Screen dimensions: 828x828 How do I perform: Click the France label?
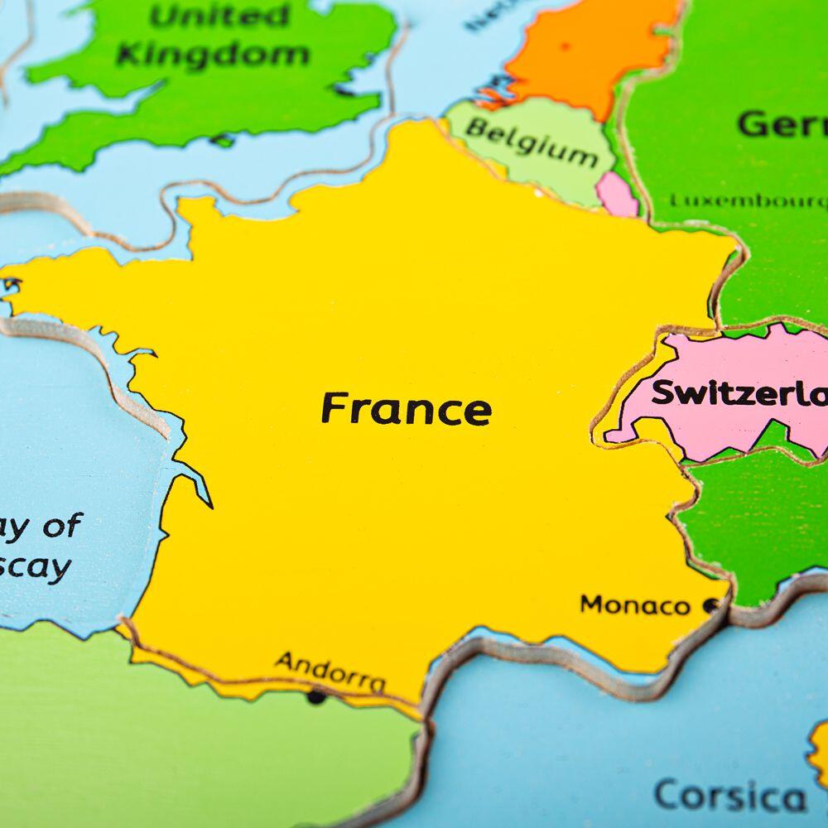[x=406, y=409]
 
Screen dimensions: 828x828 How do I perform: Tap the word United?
[x=220, y=16]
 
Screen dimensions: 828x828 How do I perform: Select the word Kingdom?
[x=213, y=55]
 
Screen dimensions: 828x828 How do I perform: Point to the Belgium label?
[x=531, y=140]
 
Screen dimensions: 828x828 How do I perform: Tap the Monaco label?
[x=634, y=605]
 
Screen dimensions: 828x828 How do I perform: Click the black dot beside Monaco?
[x=710, y=606]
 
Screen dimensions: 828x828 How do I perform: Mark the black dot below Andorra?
[x=315, y=696]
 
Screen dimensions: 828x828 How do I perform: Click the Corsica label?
[x=729, y=797]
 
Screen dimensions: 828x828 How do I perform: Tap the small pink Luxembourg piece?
[x=617, y=194]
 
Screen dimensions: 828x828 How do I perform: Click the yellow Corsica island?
[x=819, y=753]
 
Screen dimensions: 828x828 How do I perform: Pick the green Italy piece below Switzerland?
[x=753, y=513]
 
